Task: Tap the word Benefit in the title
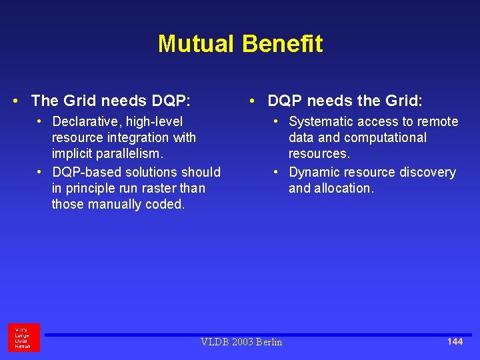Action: pyautogui.click(x=282, y=44)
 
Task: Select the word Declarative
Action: pyautogui.click(x=83, y=122)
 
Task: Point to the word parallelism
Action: pyautogui.click(x=127, y=154)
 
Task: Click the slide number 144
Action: pyautogui.click(x=455, y=341)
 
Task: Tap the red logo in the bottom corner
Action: pyautogui.click(x=23, y=337)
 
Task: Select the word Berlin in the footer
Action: pyautogui.click(x=268, y=342)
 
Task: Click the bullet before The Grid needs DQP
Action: pyautogui.click(x=15, y=101)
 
